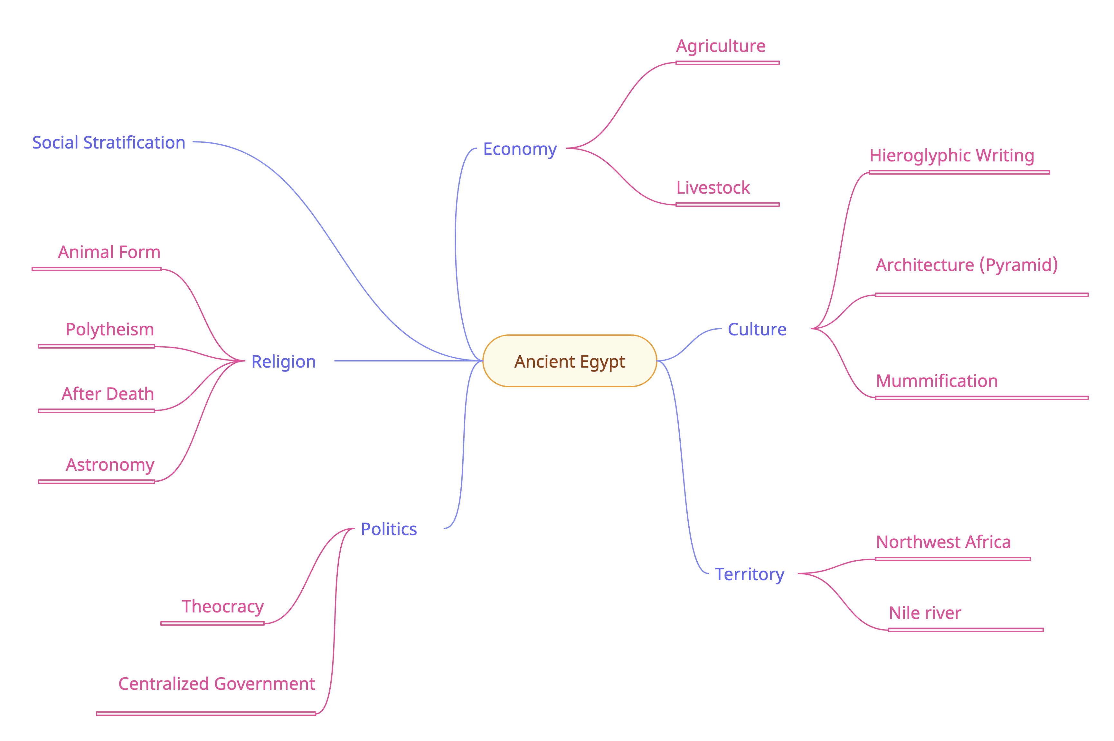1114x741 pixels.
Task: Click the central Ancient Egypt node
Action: [x=570, y=361]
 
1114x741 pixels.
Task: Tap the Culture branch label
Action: [x=757, y=329]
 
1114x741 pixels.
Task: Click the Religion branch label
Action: [x=283, y=361]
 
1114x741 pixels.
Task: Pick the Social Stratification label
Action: [x=109, y=143]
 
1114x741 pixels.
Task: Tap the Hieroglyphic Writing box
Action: [x=958, y=155]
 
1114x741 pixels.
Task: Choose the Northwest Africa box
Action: [x=952, y=542]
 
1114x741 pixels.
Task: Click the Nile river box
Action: [x=965, y=612]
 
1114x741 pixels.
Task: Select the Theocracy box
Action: [x=212, y=606]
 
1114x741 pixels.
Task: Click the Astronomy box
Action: [x=97, y=464]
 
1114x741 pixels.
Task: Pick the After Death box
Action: [x=97, y=393]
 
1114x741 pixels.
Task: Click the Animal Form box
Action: [x=97, y=251]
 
